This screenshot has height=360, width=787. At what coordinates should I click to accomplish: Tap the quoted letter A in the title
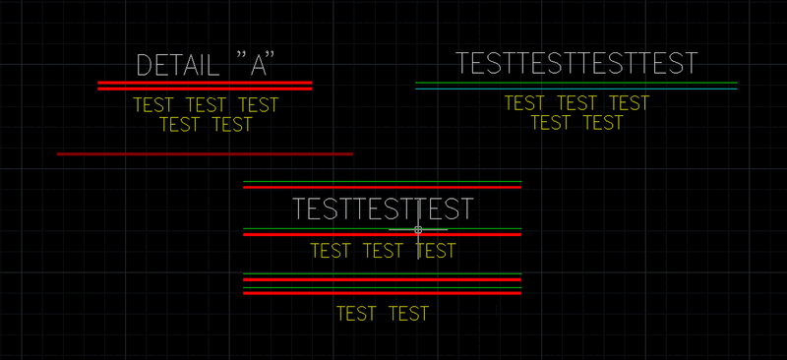coord(256,66)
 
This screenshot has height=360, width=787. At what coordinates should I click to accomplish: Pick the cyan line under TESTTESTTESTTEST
coord(576,90)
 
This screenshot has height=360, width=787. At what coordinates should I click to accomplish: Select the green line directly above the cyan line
coord(576,83)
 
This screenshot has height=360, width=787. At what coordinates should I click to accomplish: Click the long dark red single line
coord(205,153)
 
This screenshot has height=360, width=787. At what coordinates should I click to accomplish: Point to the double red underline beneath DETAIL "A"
coord(205,86)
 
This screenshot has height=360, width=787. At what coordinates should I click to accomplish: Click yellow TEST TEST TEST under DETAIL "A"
coord(206,105)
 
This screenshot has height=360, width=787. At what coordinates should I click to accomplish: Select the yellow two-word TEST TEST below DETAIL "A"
coord(206,125)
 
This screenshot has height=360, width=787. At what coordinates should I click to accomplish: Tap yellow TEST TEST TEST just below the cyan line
coord(576,102)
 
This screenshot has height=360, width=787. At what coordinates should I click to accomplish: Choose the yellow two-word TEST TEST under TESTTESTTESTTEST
coord(576,123)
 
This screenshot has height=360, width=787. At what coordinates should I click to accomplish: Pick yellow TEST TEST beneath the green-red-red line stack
coord(382,314)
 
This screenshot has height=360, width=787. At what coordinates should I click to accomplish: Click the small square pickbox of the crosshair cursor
coord(418,229)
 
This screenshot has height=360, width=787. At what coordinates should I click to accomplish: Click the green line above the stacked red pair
coord(382,273)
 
